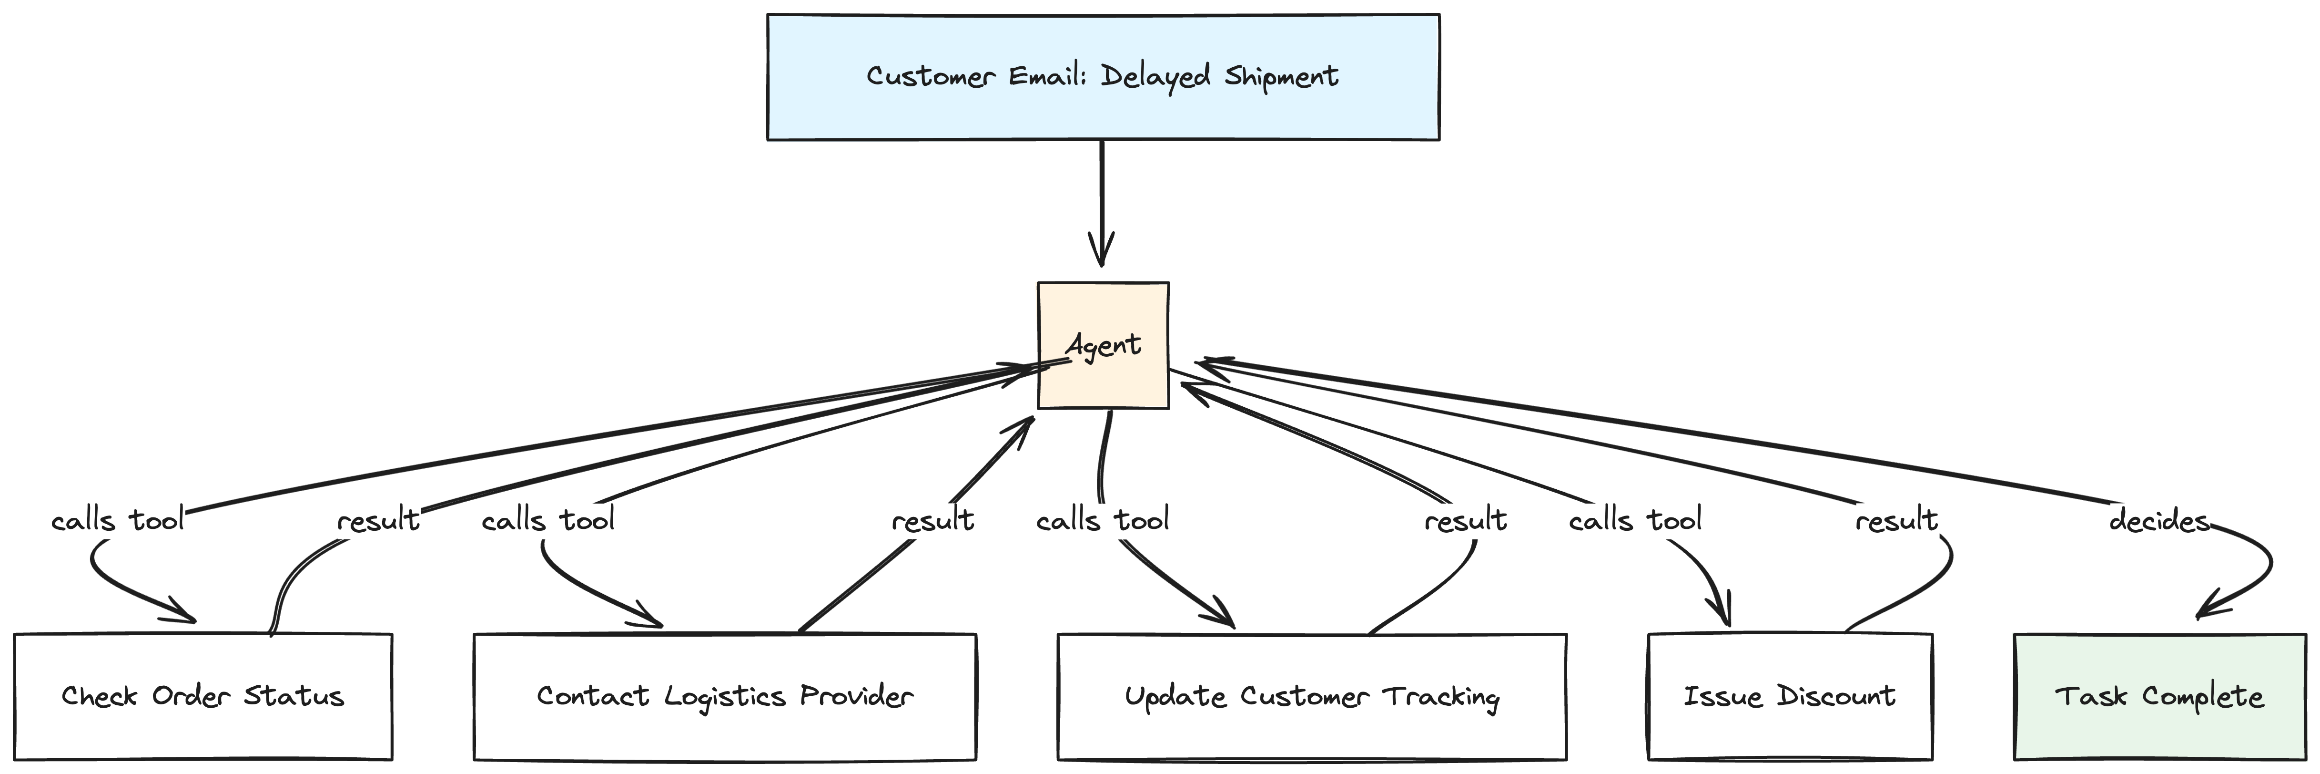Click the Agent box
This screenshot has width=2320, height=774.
[x=1103, y=345]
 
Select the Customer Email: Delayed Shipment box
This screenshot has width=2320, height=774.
[x=1103, y=77]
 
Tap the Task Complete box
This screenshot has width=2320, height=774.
[x=2159, y=697]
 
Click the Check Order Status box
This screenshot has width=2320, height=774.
[x=203, y=697]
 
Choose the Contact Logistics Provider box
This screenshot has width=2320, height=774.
[x=725, y=697]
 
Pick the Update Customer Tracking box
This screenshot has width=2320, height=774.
[x=1311, y=697]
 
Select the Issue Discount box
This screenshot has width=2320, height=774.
[x=1790, y=697]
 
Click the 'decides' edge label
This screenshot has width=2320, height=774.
[x=2159, y=521]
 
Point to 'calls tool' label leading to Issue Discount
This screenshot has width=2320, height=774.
[x=1635, y=521]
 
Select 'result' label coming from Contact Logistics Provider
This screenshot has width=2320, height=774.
[x=932, y=521]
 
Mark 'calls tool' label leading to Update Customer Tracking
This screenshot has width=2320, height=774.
[x=1103, y=521]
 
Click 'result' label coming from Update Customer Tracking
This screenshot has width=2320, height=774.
[x=1465, y=521]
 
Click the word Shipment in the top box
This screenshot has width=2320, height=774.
[x=1281, y=77]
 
